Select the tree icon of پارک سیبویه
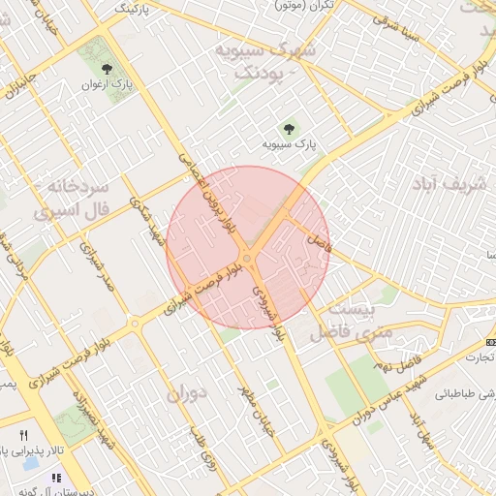(x=288, y=129)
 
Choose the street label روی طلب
(x=206, y=456)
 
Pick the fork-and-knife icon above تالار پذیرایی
(x=23, y=435)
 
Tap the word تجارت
(x=477, y=356)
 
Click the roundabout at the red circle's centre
(x=249, y=257)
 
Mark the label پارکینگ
(x=136, y=7)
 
